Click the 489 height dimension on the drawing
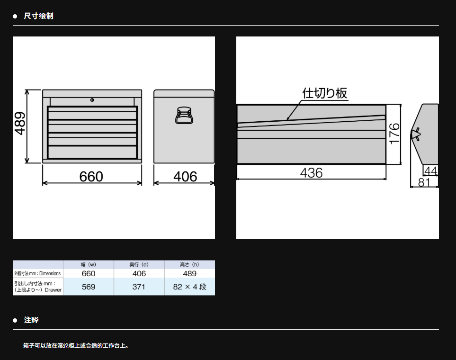[20, 124]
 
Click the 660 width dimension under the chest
[91, 177]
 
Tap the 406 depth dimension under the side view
[185, 177]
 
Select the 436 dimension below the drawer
[311, 173]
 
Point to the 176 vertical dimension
[394, 134]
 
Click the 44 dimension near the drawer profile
[431, 171]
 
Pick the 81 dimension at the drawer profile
[424, 182]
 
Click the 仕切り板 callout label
[324, 93]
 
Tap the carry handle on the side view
[184, 116]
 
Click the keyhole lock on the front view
[92, 100]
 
